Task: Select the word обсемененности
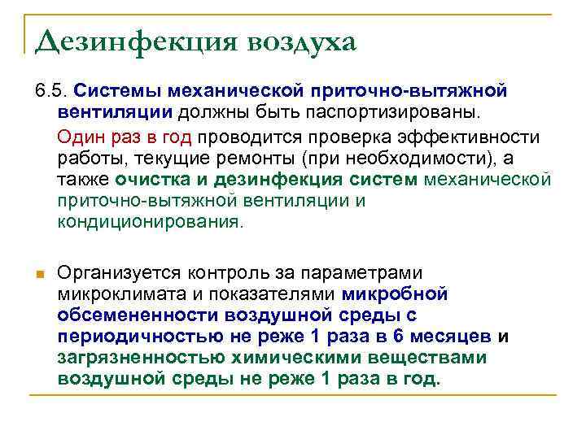pyautogui.click(x=133, y=315)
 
